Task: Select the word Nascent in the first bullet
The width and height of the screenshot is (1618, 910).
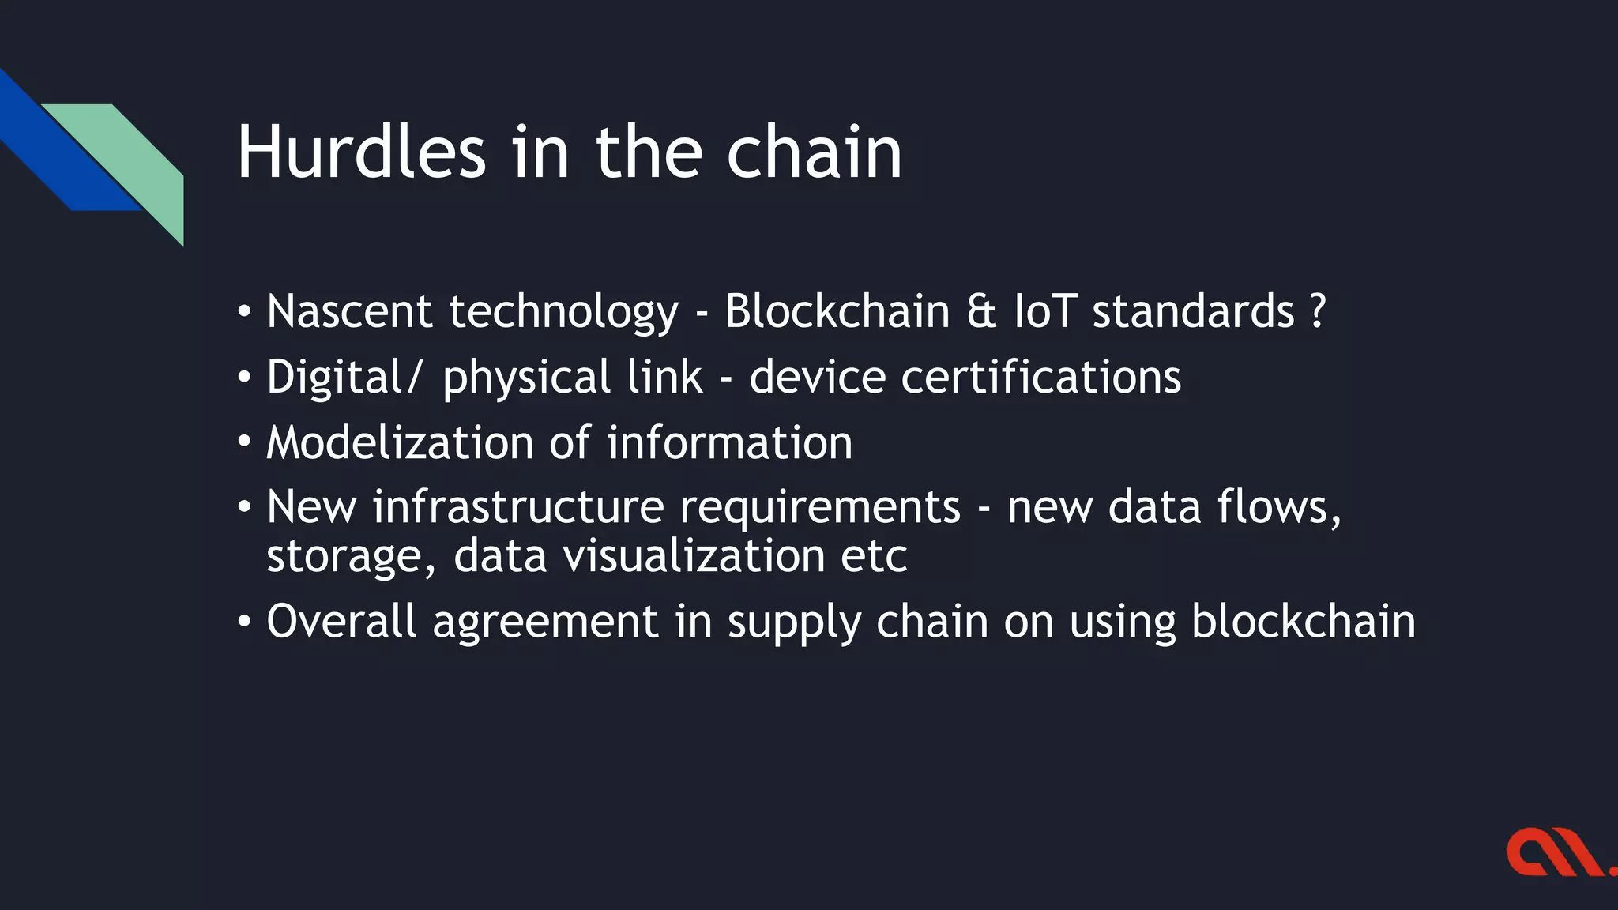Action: click(x=348, y=310)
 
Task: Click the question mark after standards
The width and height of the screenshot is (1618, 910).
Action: click(x=1317, y=310)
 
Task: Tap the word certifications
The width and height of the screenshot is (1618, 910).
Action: click(x=1040, y=377)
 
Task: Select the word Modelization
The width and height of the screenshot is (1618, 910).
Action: click(x=400, y=442)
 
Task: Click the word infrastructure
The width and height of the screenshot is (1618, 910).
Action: click(x=518, y=506)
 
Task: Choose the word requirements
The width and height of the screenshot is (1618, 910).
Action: click(x=820, y=506)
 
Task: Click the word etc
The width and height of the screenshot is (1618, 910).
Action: click(x=874, y=555)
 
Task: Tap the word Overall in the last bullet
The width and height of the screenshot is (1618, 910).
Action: click(x=341, y=621)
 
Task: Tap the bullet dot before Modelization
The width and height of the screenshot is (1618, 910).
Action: click(x=244, y=442)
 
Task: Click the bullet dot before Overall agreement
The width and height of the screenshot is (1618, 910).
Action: click(x=244, y=621)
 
